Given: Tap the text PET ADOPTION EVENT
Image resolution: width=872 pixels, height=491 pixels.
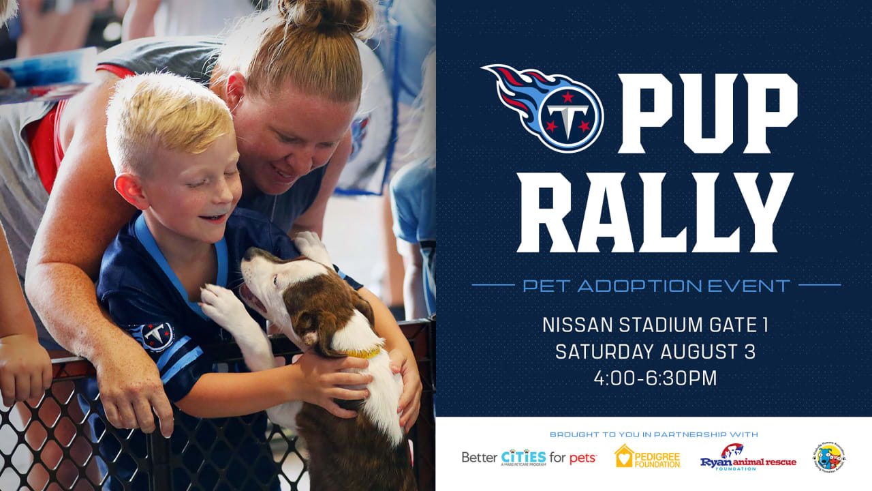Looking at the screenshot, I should [656, 285].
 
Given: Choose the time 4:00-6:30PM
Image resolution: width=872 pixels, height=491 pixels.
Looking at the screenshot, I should [655, 378].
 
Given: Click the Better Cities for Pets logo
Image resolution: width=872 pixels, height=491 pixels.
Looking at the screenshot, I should [529, 457].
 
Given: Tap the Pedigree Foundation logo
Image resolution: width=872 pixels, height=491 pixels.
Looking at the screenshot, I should [647, 456].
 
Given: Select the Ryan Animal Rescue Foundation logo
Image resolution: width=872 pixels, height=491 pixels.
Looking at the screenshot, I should [748, 457].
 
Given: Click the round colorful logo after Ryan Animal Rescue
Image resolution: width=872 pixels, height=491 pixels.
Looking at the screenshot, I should [828, 457].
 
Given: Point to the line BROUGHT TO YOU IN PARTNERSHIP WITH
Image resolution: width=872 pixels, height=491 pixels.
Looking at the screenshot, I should [654, 434].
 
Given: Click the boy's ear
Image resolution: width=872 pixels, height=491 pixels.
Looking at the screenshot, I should [129, 190].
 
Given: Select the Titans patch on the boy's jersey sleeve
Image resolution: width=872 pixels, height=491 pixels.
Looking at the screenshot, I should [157, 334].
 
